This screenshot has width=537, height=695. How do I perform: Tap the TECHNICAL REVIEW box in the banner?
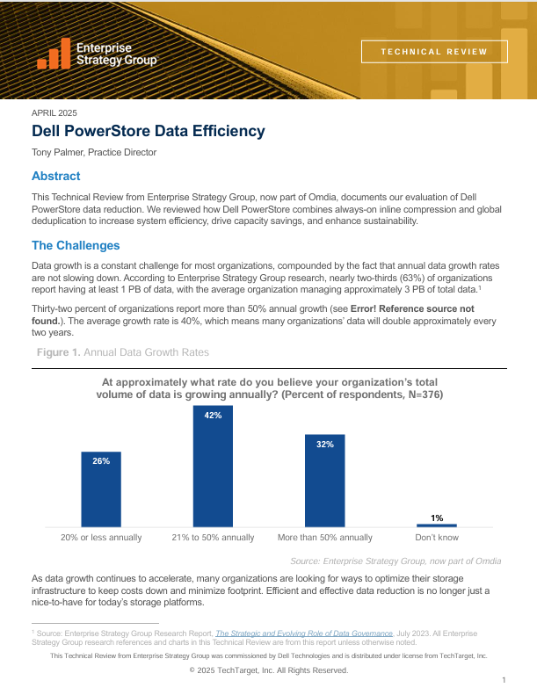(x=434, y=51)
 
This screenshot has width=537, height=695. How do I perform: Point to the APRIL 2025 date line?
(x=54, y=112)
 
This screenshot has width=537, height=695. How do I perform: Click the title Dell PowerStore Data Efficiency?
(x=148, y=132)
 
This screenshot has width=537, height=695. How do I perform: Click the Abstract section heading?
(x=55, y=177)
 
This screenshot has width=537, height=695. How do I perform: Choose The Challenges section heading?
(x=76, y=245)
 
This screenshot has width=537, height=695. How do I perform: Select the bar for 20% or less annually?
(x=101, y=489)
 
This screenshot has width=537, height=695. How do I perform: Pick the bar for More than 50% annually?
(x=324, y=480)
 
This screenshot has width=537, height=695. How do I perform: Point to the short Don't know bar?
(x=436, y=525)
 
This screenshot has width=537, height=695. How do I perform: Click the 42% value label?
(x=213, y=415)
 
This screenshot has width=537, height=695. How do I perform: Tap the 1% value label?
(x=437, y=518)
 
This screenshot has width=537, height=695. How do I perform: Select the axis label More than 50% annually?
(x=324, y=537)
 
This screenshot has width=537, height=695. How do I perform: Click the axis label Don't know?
(x=437, y=537)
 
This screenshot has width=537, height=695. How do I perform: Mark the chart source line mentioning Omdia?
(x=407, y=561)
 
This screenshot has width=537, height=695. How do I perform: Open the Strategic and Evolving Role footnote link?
(x=302, y=632)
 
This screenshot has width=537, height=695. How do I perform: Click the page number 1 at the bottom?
(x=504, y=680)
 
